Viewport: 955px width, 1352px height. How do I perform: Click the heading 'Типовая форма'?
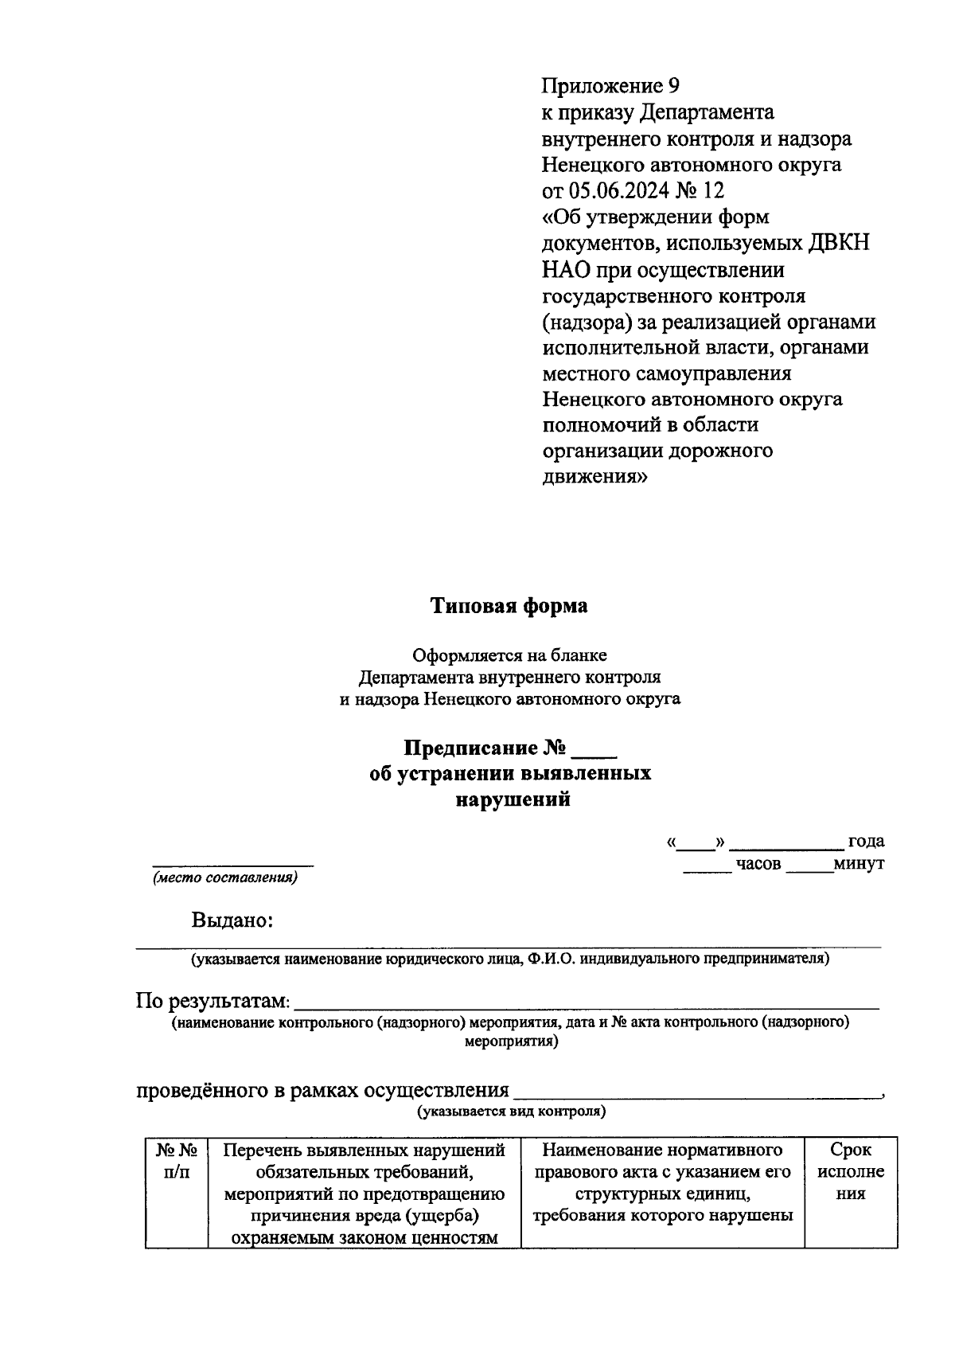pos(509,606)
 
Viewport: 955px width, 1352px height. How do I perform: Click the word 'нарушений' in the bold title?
pos(513,799)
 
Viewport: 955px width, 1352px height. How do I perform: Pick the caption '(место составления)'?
pos(225,878)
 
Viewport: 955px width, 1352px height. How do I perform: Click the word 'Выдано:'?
pos(232,920)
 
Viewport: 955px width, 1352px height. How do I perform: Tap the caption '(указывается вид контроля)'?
pos(512,1112)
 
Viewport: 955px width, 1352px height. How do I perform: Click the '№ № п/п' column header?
pos(176,1161)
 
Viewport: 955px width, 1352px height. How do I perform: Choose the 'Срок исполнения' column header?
pos(851,1171)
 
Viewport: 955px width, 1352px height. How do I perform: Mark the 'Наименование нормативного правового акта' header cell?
pos(662,1182)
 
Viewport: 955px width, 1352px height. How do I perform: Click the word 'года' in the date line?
pos(866,842)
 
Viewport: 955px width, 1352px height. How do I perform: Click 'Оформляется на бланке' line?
pos(509,655)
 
